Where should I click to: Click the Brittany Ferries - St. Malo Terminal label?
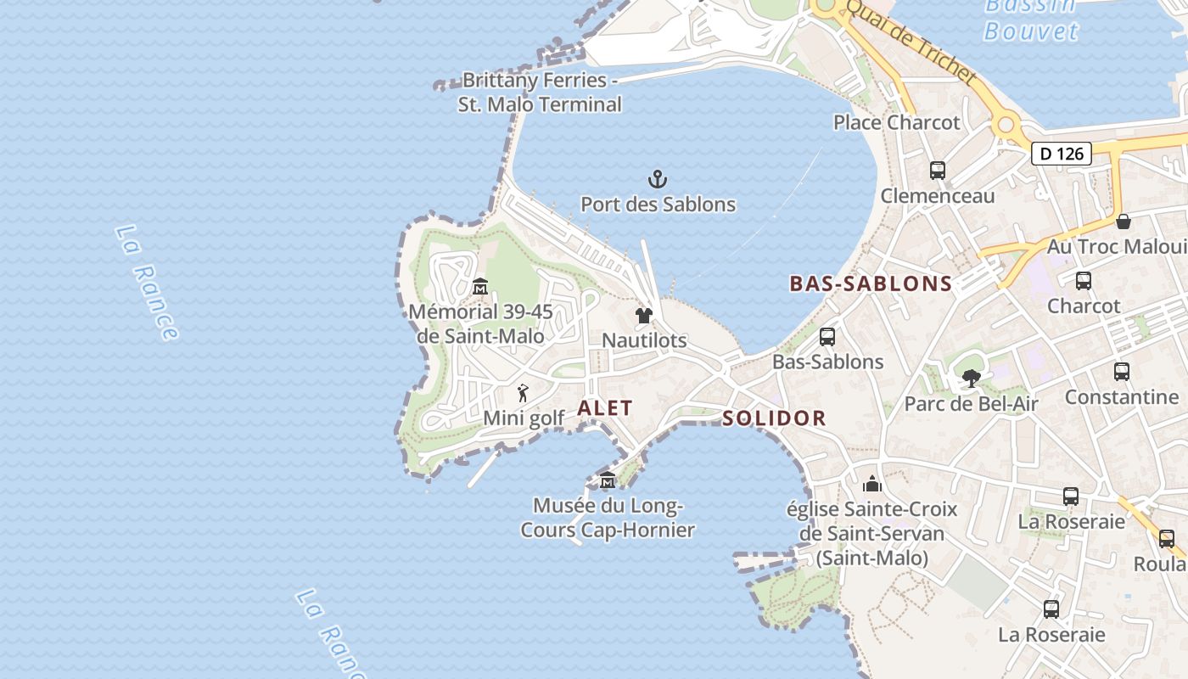point(540,93)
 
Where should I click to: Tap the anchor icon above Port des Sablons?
point(658,179)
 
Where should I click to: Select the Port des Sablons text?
point(658,205)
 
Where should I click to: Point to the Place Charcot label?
point(896,122)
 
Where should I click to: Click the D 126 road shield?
point(1061,154)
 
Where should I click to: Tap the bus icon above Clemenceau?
point(938,171)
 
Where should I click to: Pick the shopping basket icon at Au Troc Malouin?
point(1124,222)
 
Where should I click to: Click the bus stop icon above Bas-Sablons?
point(827,337)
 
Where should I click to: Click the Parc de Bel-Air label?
point(971,403)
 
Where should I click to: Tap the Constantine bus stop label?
point(1121,396)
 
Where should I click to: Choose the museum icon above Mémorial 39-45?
point(479,287)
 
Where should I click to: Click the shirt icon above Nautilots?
point(644,316)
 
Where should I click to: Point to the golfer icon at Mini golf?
point(524,394)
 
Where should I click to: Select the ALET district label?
point(605,408)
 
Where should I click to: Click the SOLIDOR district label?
point(774,418)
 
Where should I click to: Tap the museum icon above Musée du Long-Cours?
point(608,480)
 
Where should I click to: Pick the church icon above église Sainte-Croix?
point(872,485)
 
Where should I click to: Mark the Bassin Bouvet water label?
point(1030,19)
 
